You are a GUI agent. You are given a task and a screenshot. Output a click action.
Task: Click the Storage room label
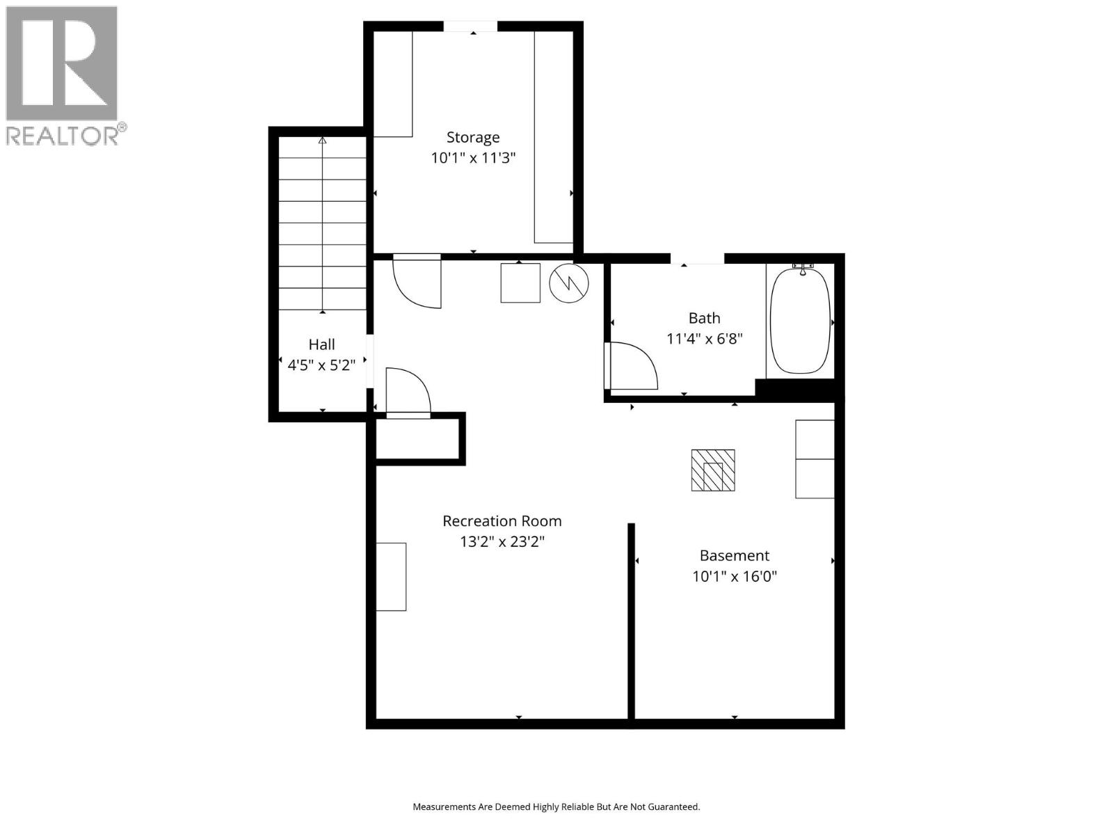point(473,137)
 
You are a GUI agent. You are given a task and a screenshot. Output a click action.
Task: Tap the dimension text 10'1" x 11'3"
point(473,158)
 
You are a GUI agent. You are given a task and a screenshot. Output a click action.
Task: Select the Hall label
point(321,344)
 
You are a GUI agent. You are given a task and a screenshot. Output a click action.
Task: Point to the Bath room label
point(704,318)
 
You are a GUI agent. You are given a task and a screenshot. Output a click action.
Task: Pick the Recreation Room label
point(502,520)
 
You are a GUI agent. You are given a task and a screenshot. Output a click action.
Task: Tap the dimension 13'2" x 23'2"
point(502,541)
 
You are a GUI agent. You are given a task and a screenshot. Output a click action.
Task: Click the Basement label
point(734,555)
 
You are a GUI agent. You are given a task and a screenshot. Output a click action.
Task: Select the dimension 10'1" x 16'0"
point(734,576)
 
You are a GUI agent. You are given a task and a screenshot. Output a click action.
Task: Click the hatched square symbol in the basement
point(713,470)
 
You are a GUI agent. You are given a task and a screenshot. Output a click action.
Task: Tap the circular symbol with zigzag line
point(569,283)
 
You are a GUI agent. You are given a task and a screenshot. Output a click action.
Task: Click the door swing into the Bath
point(630,366)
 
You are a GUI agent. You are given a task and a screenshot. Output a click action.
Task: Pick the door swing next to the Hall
point(408,392)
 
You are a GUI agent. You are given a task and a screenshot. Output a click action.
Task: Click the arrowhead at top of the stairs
point(322,141)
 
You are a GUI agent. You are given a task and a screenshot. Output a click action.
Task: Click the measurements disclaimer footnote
point(556,807)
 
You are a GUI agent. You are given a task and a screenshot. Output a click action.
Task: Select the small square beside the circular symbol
point(520,283)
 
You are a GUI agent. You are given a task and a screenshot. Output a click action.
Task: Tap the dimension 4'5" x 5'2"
point(321,365)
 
